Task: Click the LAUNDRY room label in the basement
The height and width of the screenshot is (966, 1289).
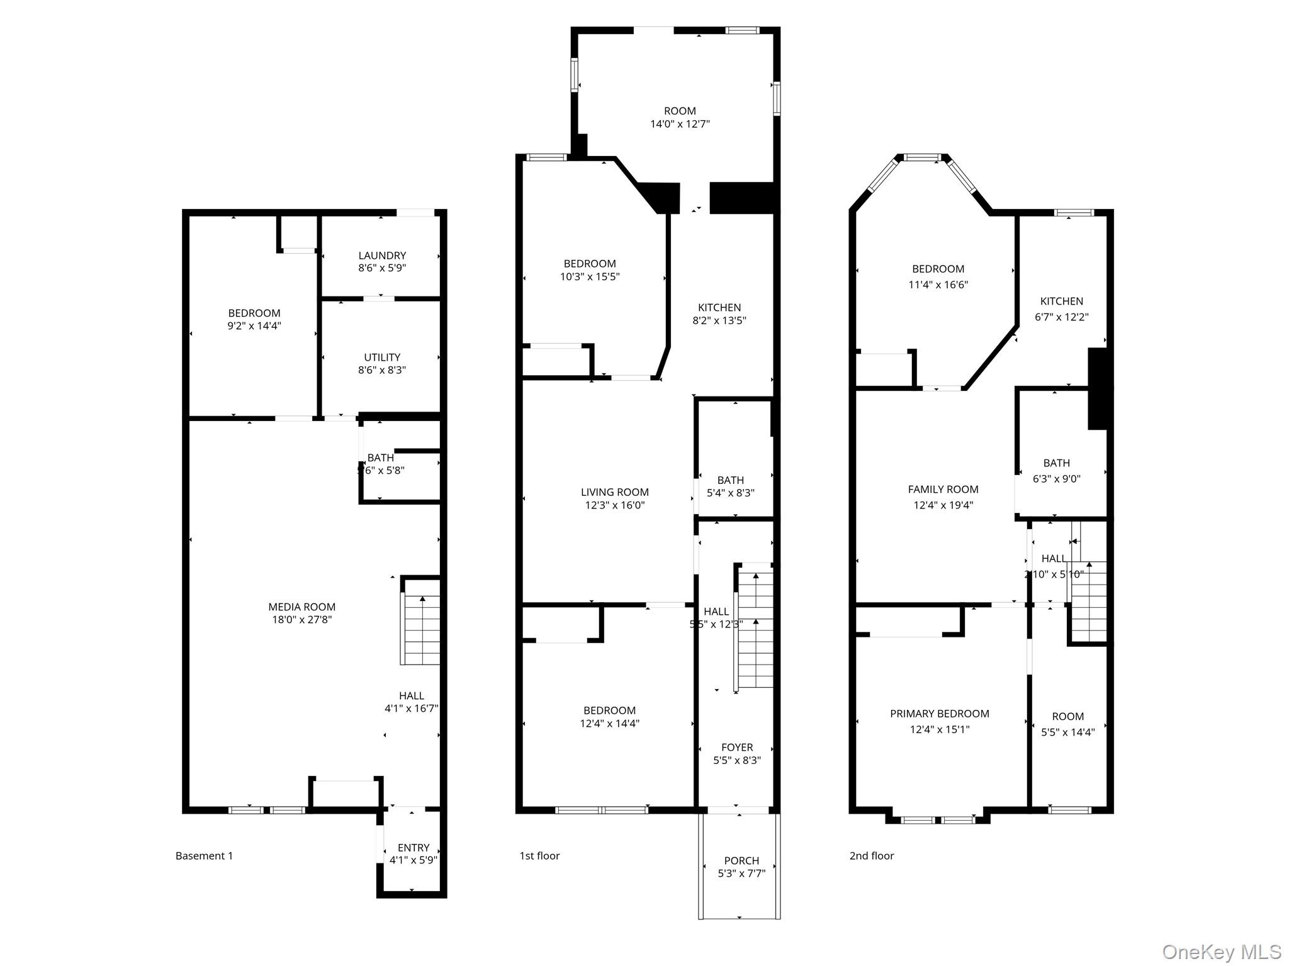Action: point(382,256)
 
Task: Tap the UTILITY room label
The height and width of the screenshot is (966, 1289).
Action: point(382,357)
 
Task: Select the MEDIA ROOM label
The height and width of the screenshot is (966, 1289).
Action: point(301,607)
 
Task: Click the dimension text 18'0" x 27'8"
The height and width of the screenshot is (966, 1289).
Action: point(301,620)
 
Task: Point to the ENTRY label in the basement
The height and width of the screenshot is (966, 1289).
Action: point(414,848)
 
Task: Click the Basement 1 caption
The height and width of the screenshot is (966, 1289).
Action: point(204,856)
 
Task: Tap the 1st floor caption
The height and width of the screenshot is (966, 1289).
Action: point(539,856)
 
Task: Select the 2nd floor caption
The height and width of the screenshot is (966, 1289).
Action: point(872,856)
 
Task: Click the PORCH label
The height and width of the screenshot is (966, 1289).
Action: point(741,860)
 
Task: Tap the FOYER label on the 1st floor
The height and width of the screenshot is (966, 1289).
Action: point(737,747)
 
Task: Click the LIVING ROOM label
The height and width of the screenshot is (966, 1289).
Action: point(615,492)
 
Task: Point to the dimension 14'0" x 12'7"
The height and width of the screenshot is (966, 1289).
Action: point(680,124)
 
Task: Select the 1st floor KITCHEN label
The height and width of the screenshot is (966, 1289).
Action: point(719,307)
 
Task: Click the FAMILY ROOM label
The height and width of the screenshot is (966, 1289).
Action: point(943,489)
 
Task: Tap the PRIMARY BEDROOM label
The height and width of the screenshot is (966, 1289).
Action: point(940,714)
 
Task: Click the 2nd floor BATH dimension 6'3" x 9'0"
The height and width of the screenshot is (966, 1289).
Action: point(1056,478)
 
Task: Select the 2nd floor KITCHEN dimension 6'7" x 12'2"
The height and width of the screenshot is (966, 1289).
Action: point(1062,317)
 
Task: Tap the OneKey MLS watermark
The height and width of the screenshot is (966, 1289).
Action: point(1221,952)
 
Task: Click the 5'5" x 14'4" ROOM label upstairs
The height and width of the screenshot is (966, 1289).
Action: point(1067,716)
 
